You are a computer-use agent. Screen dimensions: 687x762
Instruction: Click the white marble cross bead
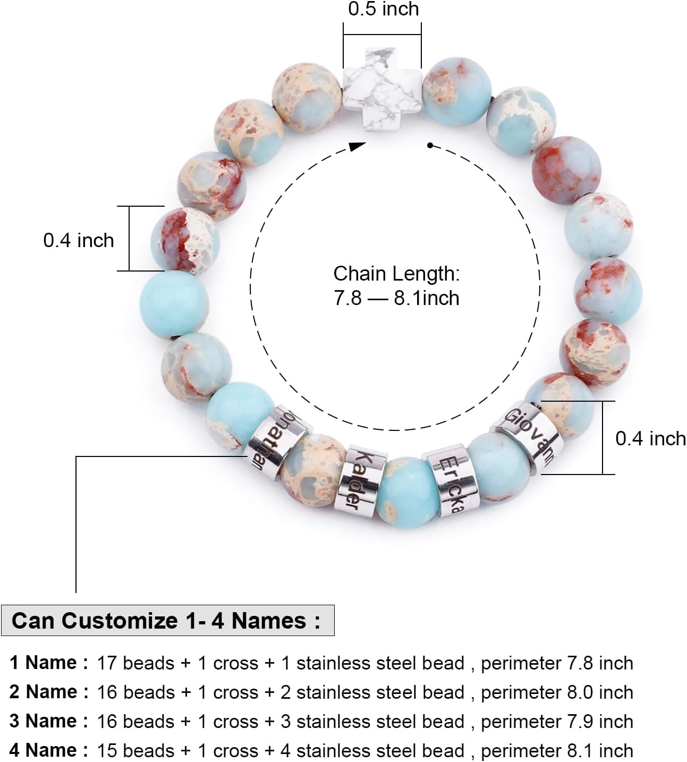tap(382, 87)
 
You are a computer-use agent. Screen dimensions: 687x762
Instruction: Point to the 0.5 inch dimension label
tap(383, 9)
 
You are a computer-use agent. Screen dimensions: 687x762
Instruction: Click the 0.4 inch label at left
tap(79, 240)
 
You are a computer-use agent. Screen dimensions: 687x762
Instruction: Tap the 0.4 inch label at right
tap(650, 438)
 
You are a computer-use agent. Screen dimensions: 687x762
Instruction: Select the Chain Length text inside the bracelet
tap(396, 274)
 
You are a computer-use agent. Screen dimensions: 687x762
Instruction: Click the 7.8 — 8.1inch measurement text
tap(396, 298)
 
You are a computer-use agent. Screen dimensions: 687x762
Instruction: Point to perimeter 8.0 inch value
tap(557, 692)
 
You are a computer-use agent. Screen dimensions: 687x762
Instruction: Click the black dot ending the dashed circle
tap(430, 145)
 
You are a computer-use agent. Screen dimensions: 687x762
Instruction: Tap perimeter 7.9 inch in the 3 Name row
tap(557, 721)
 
